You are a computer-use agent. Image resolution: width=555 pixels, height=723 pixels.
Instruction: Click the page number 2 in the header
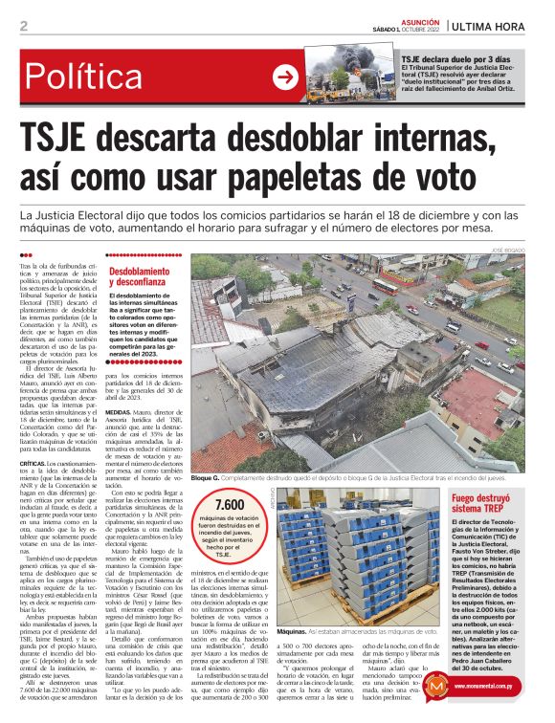tap(22, 26)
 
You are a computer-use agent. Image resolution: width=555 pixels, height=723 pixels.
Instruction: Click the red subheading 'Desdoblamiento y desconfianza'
tap(145, 277)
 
